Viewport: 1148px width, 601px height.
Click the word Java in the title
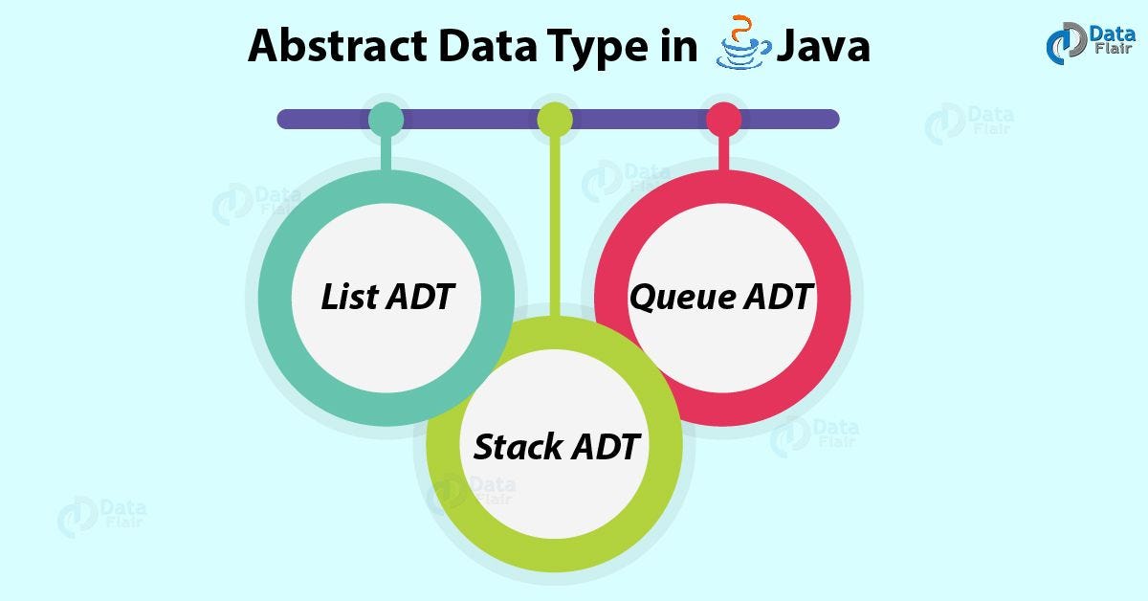pyautogui.click(x=823, y=46)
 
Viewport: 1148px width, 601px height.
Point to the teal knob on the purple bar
pyautogui.click(x=386, y=119)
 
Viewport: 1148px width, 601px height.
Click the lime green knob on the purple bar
pyautogui.click(x=554, y=119)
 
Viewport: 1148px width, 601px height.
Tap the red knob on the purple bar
pyautogui.click(x=723, y=119)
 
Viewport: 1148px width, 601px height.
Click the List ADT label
pyautogui.click(x=386, y=298)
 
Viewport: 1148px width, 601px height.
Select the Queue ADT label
pyautogui.click(x=721, y=297)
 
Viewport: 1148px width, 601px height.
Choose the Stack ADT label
pyautogui.click(x=555, y=446)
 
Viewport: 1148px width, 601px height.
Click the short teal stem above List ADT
pyautogui.click(x=386, y=153)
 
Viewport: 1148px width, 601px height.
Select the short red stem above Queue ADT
pyautogui.click(x=723, y=153)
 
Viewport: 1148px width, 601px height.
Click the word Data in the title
pyautogui.click(x=474, y=46)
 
